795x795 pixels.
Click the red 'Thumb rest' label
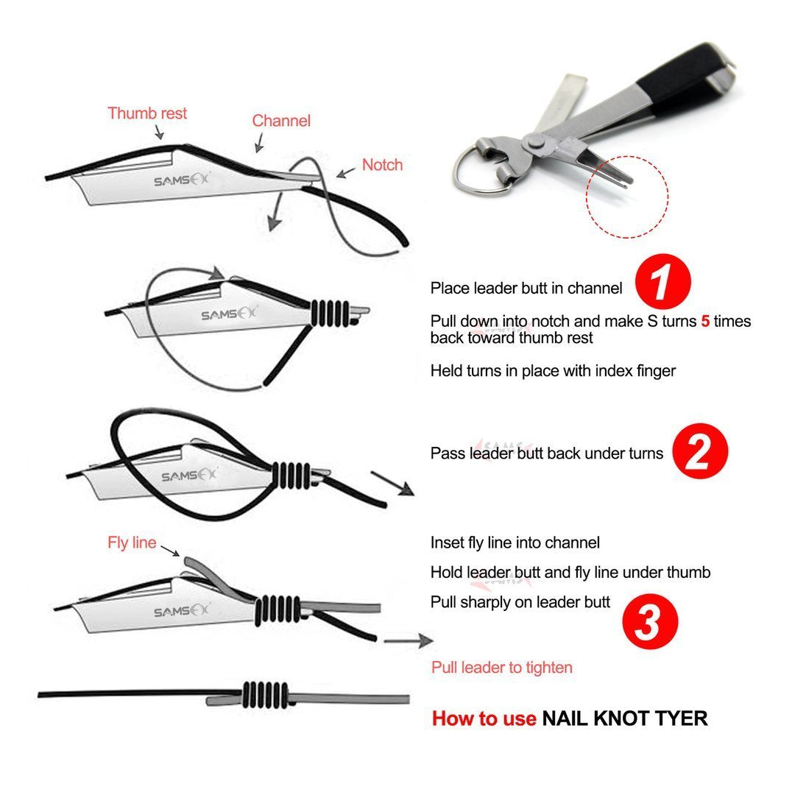click(x=147, y=113)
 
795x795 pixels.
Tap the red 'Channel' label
click(x=281, y=121)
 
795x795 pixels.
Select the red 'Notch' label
click(x=382, y=164)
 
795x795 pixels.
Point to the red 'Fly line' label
click(x=132, y=543)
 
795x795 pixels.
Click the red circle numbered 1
click(x=662, y=282)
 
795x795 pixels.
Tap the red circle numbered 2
click(x=700, y=452)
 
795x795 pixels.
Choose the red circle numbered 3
click(x=649, y=621)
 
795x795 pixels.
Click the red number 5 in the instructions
click(x=705, y=322)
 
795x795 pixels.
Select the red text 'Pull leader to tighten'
click(x=501, y=668)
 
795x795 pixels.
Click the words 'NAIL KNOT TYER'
click(x=624, y=718)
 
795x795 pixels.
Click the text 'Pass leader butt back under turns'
click(x=547, y=453)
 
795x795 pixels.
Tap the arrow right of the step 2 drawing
click(x=392, y=484)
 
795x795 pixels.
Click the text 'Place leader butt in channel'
click(x=526, y=288)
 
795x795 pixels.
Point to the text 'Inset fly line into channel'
click(x=515, y=543)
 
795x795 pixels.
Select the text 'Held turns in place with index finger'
click(x=553, y=371)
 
